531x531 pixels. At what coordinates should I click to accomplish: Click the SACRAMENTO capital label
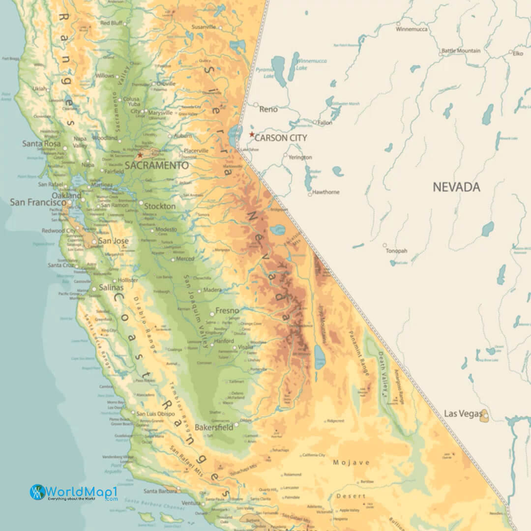(x=156, y=166)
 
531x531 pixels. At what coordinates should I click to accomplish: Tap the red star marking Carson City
(x=252, y=134)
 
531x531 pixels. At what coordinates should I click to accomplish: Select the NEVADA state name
(x=456, y=187)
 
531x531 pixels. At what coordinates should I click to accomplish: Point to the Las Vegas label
(x=463, y=413)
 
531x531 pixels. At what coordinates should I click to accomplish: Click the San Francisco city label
(x=38, y=202)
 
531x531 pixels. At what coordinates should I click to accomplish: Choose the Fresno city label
(x=227, y=311)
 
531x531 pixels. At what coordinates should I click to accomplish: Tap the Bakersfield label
(x=214, y=427)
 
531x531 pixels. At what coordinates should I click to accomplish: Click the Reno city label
(x=268, y=109)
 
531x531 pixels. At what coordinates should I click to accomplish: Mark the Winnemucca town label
(x=412, y=29)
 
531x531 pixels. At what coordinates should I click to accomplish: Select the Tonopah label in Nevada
(x=396, y=251)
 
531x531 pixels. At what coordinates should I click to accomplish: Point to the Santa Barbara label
(x=160, y=491)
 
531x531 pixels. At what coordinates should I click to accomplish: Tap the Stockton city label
(x=160, y=206)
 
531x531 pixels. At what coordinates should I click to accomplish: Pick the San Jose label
(x=113, y=241)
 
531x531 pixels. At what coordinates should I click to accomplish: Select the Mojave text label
(x=351, y=463)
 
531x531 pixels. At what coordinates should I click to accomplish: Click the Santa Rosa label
(x=41, y=144)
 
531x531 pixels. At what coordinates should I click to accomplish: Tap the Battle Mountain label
(x=461, y=51)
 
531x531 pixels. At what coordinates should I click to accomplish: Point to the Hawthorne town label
(x=325, y=192)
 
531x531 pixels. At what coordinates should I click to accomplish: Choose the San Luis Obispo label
(x=155, y=413)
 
